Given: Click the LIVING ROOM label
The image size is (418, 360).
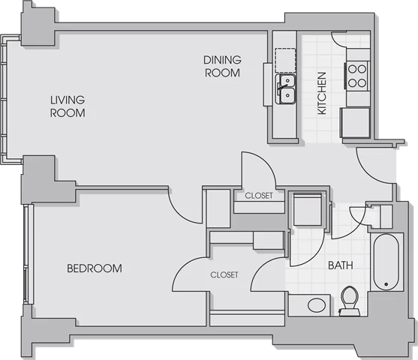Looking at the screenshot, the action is tap(68, 106).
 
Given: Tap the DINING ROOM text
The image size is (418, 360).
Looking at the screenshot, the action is tap(222, 66).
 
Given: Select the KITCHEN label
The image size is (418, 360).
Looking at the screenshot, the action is tap(322, 93).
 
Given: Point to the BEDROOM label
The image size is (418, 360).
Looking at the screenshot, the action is tap(95, 268).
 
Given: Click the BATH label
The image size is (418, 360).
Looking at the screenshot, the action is tap(341, 265).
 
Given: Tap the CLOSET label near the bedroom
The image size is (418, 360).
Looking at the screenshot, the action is tap(224, 274).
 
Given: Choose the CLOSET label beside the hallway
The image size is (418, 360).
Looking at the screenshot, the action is tap(259, 196).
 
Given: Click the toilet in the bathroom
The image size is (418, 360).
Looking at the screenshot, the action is tap(350, 301).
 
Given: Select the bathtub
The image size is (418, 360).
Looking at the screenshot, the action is tap(386, 262).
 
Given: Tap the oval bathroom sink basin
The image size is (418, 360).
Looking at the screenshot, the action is tap(317, 305).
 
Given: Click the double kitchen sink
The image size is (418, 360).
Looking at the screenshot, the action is tap(285, 89).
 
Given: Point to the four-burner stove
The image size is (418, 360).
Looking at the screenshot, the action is tap(357, 76).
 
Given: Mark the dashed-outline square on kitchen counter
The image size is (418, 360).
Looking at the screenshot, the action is tap(285, 60).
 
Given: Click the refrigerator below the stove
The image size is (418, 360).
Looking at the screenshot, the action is tap(356, 122).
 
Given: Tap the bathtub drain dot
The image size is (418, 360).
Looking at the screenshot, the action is tap(386, 284).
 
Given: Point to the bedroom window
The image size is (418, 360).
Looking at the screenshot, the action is tap(29, 254).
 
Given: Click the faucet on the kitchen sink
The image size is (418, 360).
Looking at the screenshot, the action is tap(283, 86).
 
